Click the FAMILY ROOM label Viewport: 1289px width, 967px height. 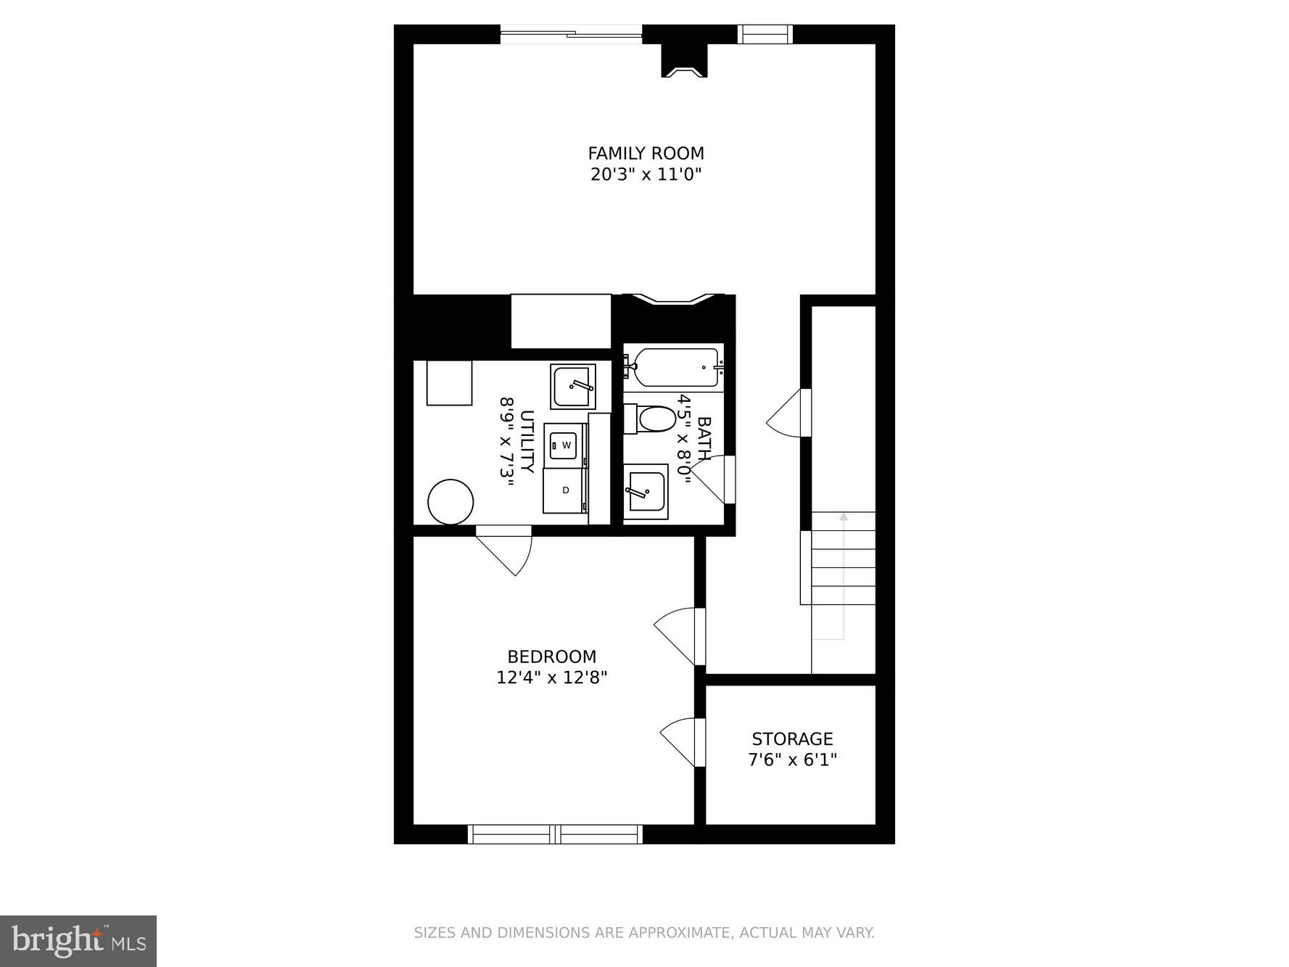pos(645,153)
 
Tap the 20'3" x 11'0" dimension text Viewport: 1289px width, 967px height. pos(645,175)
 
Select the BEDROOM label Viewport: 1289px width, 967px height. pos(551,657)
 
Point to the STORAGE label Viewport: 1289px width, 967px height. pos(791,739)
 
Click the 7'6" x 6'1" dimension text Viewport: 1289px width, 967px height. pos(791,760)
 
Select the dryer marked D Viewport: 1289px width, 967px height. pos(565,490)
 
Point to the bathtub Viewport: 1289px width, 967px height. pos(675,367)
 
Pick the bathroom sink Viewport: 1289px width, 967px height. pos(646,491)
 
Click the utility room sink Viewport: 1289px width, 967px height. pos(572,387)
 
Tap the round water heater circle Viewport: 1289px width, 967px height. pos(450,501)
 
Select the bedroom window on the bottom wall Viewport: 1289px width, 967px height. pos(555,834)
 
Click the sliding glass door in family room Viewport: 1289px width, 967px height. pos(572,33)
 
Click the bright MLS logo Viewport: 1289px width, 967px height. pos(78,941)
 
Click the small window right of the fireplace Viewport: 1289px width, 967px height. pos(765,34)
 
